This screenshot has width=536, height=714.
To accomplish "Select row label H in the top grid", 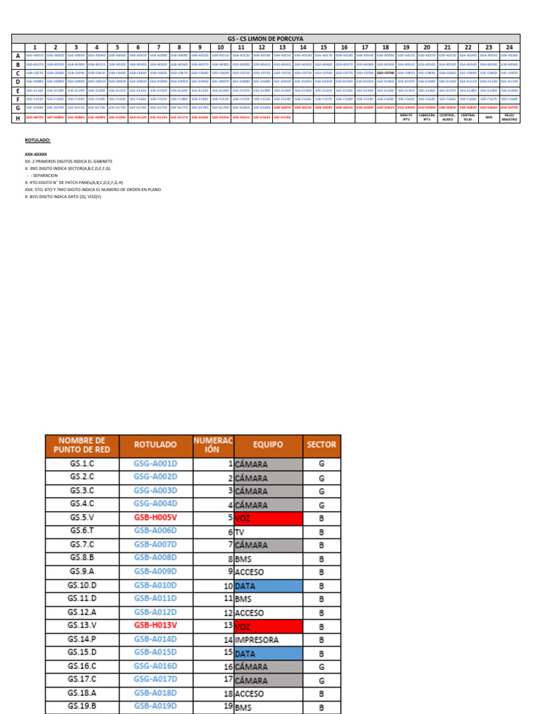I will [17, 118].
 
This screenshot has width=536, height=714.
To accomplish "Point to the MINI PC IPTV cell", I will [406, 118].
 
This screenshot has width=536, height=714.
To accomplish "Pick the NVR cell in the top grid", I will [489, 118].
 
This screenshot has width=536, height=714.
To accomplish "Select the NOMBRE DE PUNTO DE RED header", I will [81, 445].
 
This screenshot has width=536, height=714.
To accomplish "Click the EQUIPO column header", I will [268, 445].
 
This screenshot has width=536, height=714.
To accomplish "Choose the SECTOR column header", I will [321, 445].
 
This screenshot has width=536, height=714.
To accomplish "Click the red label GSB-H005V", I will [155, 518].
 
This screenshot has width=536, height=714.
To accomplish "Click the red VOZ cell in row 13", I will [268, 625].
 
